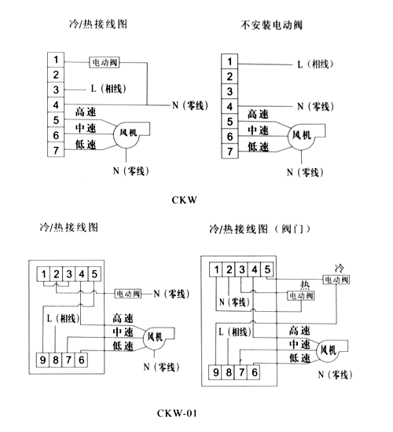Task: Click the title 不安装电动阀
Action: click(272, 25)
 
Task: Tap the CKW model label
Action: click(184, 200)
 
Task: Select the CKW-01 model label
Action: click(177, 413)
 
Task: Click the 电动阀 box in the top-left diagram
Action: click(105, 62)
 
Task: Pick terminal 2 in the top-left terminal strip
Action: click(56, 75)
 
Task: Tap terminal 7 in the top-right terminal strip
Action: click(230, 152)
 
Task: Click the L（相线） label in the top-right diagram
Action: click(315, 64)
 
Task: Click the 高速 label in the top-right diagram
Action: click(258, 114)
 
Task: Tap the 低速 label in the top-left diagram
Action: click(86, 145)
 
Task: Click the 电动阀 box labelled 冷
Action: click(336, 280)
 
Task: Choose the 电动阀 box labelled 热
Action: click(301, 296)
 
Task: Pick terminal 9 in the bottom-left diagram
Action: click(42, 360)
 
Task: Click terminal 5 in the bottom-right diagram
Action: click(267, 269)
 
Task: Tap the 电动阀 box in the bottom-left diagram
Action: click(128, 294)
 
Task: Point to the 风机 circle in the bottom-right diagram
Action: click(329, 351)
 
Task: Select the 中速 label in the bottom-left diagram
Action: click(123, 332)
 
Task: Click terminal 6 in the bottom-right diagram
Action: click(255, 372)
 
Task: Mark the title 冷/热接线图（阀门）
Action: click(259, 229)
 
